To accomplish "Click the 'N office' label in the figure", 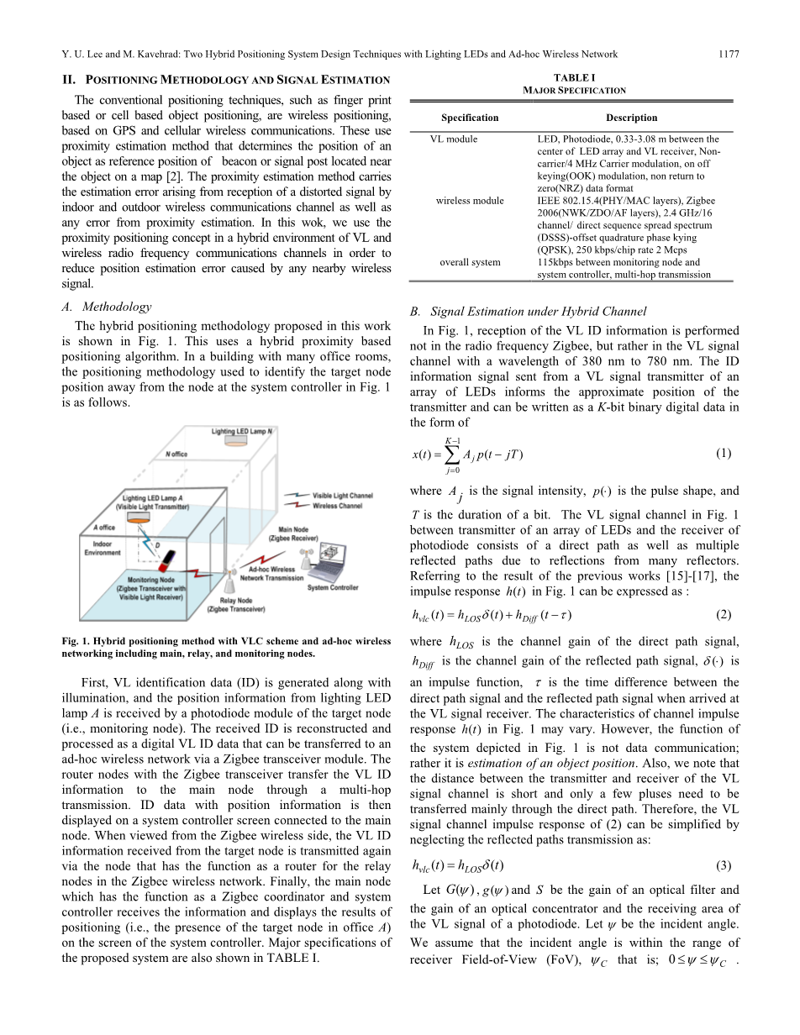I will tap(176, 454).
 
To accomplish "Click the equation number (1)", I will tap(724, 453).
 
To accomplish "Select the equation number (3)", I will tap(724, 865).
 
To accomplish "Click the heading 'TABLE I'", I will tap(575, 77).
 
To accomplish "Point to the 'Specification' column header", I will tap(470, 118).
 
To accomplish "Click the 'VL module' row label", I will tap(453, 139).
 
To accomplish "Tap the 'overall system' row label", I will tap(470, 262).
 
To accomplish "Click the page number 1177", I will tap(729, 54).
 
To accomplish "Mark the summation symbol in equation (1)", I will tap(452, 455).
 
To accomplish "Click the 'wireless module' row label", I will tap(470, 201).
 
